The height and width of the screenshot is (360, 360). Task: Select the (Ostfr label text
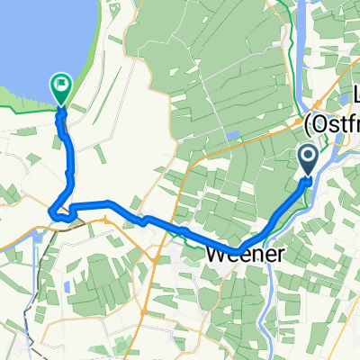[x=332, y=121]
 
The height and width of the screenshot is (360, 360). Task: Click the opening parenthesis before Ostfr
[x=309, y=121]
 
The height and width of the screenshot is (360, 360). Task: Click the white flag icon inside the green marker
[x=62, y=87]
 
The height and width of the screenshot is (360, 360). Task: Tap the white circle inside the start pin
[x=307, y=158]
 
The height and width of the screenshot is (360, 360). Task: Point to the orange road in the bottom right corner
[x=346, y=346]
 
